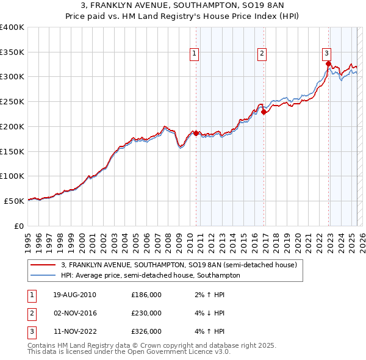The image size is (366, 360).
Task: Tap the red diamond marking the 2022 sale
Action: point(328,63)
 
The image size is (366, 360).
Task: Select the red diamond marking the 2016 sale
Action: point(264,112)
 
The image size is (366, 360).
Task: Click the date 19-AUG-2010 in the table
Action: point(74,295)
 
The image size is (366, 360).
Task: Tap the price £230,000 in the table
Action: point(146,313)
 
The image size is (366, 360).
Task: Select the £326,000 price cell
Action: point(146,331)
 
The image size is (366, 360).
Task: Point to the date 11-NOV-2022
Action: point(74,331)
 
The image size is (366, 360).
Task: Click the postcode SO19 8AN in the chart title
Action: point(254,5)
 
